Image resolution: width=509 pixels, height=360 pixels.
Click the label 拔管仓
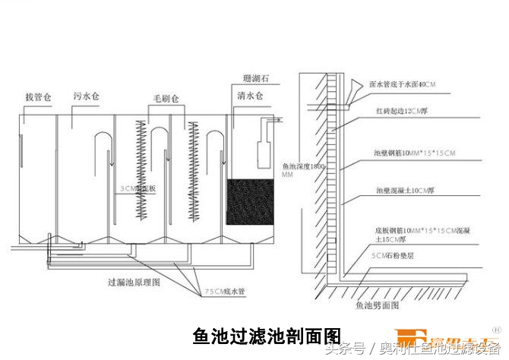(40, 98)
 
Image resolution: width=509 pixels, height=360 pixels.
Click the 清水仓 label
(250, 97)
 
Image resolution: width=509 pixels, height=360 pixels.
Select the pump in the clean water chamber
(264, 152)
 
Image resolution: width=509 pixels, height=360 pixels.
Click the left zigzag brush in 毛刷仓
(141, 171)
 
